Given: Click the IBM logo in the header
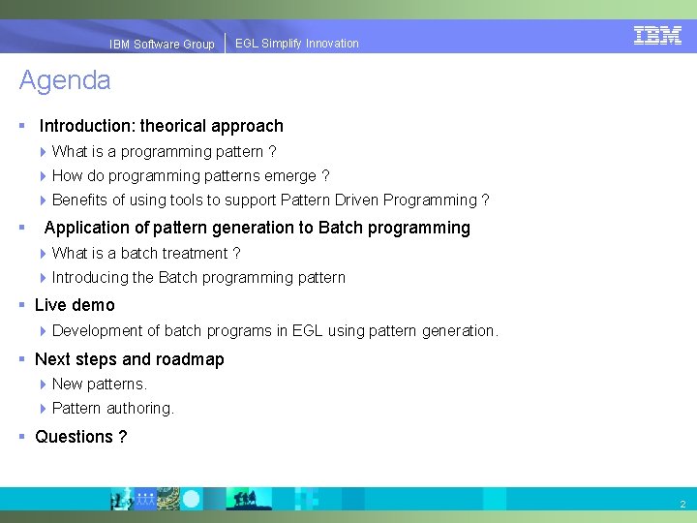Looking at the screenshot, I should click(x=657, y=35).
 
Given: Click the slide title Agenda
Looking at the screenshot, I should click(x=65, y=80).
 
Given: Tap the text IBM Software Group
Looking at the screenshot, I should click(x=162, y=45).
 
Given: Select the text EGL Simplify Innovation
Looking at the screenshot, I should click(x=296, y=44).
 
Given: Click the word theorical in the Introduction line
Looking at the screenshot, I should click(x=172, y=126).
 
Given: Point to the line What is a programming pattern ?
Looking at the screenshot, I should click(x=164, y=152).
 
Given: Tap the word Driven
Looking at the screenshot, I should click(x=356, y=200).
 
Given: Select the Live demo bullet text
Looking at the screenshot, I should click(x=75, y=305).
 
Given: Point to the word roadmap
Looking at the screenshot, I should click(x=190, y=359).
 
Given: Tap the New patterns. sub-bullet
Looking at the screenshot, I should click(x=99, y=385).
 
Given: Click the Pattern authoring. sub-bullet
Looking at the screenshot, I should click(x=112, y=409).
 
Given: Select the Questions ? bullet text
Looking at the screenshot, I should click(x=80, y=437).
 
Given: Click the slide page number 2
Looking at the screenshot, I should click(x=682, y=505).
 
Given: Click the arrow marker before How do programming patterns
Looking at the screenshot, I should click(x=44, y=176).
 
